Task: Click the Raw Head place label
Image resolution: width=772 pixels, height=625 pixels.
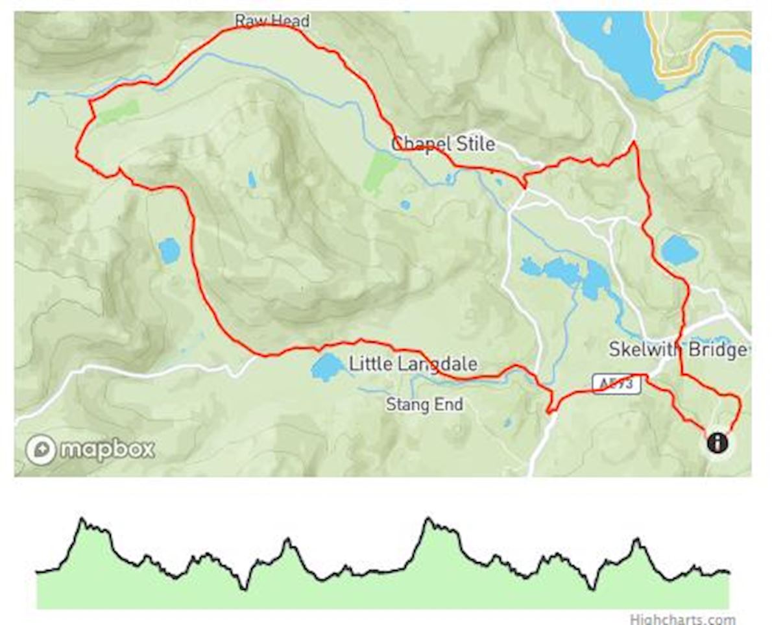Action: [272, 21]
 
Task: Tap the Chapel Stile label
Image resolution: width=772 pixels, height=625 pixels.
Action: [443, 143]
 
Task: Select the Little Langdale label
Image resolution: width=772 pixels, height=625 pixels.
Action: [413, 363]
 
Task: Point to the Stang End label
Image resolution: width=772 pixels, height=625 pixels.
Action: [424, 405]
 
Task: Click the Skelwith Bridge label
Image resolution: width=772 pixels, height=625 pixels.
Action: [677, 350]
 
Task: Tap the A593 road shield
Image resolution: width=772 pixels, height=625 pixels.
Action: [616, 385]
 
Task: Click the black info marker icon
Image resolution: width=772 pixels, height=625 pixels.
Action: [718, 443]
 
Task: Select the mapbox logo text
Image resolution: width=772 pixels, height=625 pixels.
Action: [108, 449]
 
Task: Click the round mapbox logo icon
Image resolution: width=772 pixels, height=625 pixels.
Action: [41, 449]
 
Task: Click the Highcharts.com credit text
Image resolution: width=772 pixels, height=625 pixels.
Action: [682, 619]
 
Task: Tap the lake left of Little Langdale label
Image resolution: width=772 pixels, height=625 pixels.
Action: [326, 367]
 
